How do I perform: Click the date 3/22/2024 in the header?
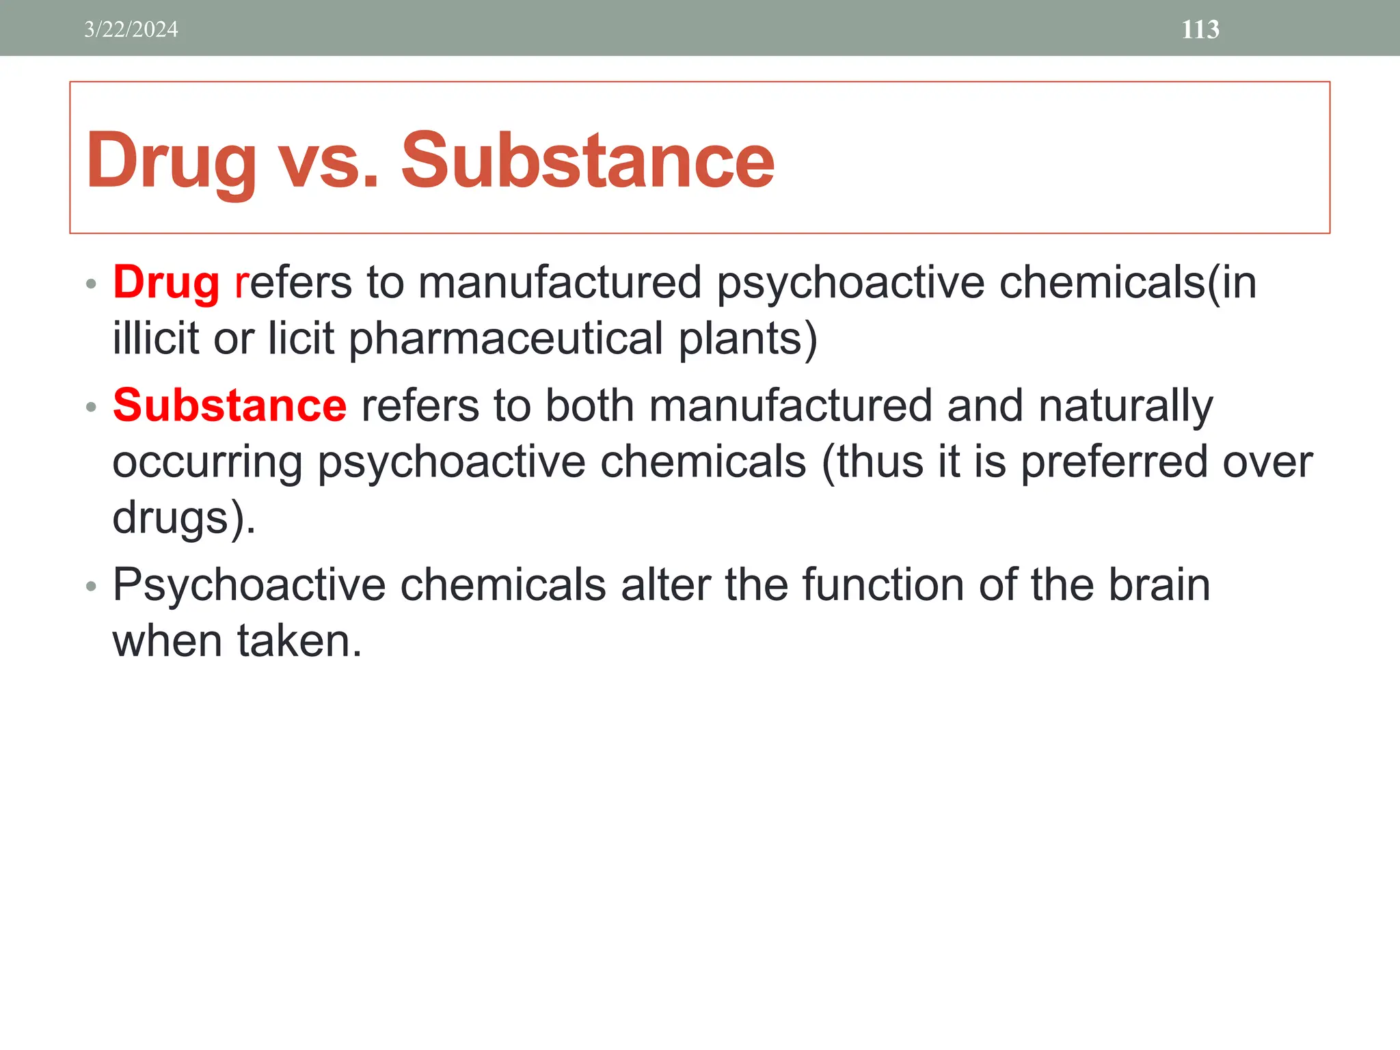(131, 29)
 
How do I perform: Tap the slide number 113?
(1200, 29)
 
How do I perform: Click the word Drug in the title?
(171, 161)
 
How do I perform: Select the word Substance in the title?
(587, 160)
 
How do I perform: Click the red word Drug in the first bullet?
(166, 283)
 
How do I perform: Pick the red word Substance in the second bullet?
(230, 405)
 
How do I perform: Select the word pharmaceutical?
(506, 340)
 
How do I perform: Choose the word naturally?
(1125, 407)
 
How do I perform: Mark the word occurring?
(207, 463)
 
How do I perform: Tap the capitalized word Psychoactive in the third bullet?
(250, 586)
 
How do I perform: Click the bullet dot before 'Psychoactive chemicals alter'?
(92, 587)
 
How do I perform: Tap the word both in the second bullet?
(589, 405)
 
